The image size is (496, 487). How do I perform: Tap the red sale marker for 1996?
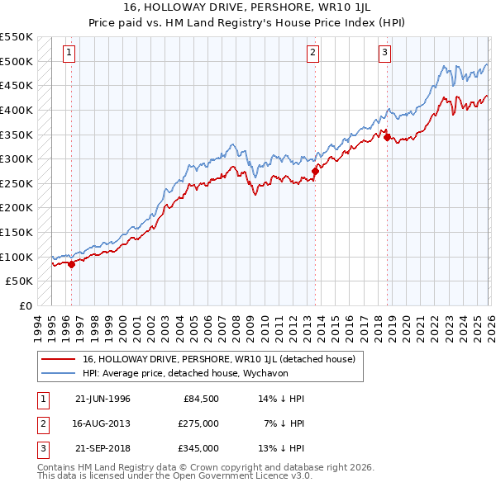(71, 265)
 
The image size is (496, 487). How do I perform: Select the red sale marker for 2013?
(315, 172)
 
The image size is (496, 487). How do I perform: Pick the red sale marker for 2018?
(387, 138)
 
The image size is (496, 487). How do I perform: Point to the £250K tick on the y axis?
(17, 183)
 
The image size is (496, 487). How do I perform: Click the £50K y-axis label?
(20, 281)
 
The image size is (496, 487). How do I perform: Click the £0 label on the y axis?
(25, 306)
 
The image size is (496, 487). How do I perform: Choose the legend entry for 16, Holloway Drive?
(218, 359)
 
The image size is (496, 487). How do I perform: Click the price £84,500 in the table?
(201, 399)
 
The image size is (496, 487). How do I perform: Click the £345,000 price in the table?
(198, 448)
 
